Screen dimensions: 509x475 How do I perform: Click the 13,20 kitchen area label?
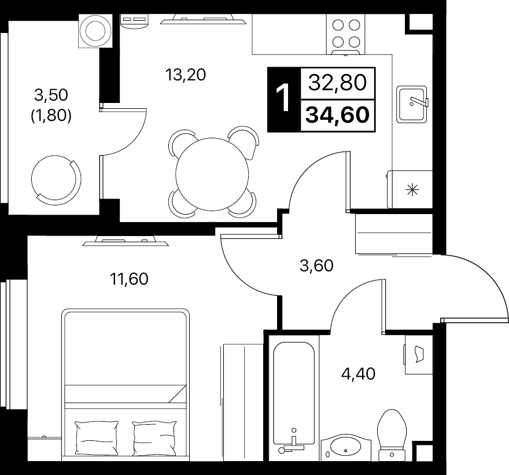pos(185,75)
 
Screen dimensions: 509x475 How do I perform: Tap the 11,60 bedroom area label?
pos(129,278)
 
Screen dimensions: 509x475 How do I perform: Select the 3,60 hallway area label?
pos(316,266)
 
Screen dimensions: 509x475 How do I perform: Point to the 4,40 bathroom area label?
pos(358,374)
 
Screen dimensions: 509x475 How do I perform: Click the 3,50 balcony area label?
pos(51,95)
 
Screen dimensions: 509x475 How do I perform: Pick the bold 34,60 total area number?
pos(338,115)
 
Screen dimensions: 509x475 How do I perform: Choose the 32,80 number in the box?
pos(338,83)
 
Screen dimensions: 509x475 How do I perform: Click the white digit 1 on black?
pos(283,97)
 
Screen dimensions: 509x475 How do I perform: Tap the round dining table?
pos(212,174)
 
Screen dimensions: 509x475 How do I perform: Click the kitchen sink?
pos(412,104)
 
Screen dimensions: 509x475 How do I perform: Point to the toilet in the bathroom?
pos(392,435)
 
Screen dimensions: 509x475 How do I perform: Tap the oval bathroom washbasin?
pos(346,447)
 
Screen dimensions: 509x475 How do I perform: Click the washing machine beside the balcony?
pos(95,31)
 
